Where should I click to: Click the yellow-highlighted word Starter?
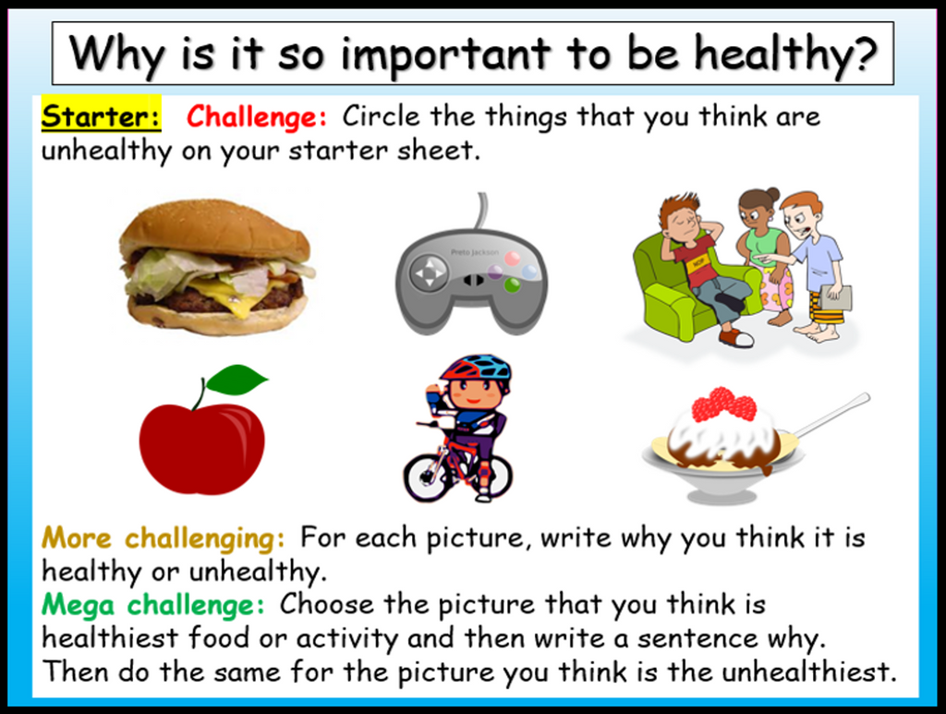(x=100, y=117)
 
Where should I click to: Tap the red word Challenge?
(x=256, y=117)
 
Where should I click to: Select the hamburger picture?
(x=216, y=267)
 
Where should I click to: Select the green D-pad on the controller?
(x=430, y=273)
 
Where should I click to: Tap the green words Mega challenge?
(x=152, y=605)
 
